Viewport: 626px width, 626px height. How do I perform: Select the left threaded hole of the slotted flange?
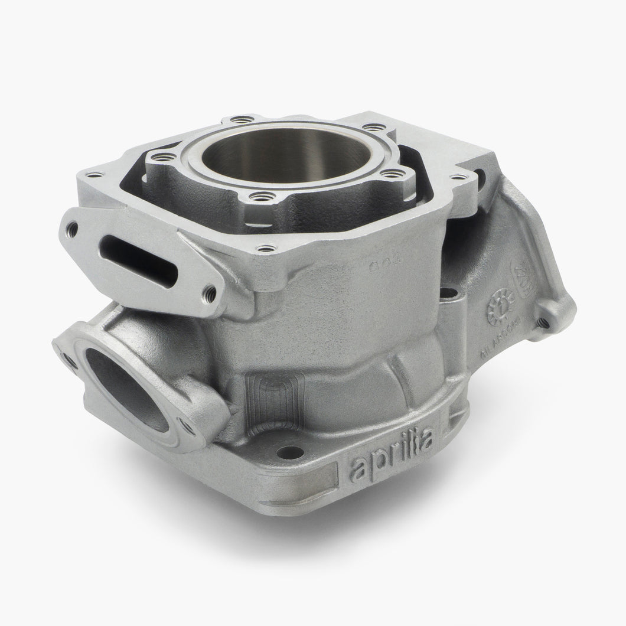click(x=73, y=227)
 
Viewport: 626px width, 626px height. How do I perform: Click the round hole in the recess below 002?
click(x=448, y=294)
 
